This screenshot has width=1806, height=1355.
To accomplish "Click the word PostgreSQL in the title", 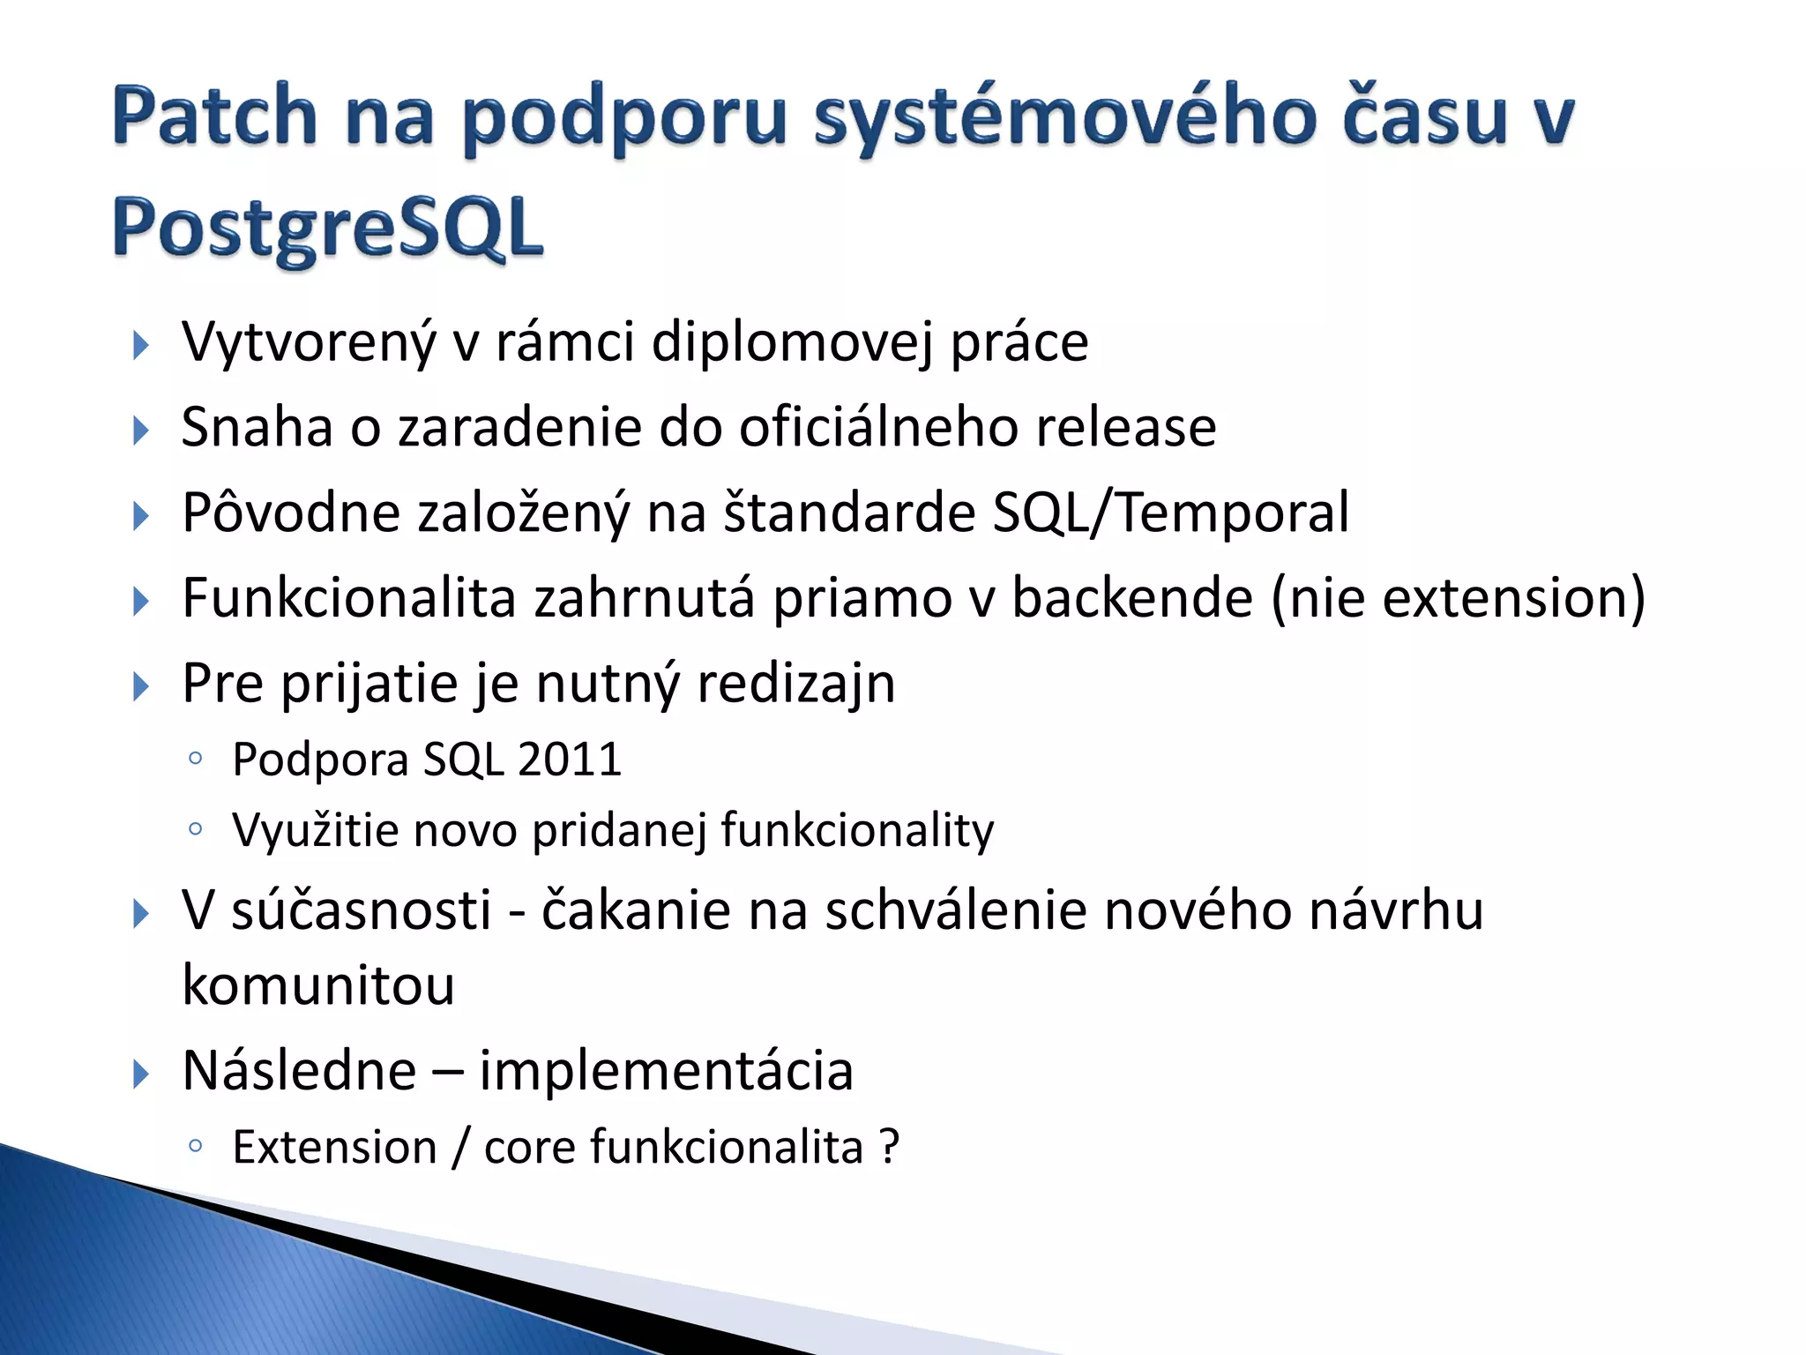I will pos(327,228).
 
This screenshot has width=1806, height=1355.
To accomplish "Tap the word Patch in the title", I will pos(214,116).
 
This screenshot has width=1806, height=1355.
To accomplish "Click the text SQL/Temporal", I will pos(1170,513).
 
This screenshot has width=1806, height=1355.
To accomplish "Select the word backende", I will pos(1131,597).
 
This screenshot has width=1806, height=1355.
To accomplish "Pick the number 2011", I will pos(570,759).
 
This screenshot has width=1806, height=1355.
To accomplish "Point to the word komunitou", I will pos(318,984).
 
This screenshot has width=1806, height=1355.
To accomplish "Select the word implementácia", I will pos(666,1070).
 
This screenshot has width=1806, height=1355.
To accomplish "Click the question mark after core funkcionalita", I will pos(889,1147).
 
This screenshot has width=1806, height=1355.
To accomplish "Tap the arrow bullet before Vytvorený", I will pos(140,345).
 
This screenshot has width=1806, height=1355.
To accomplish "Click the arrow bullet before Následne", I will pos(140,1074).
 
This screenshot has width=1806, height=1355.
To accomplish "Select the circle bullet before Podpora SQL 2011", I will pos(196,759).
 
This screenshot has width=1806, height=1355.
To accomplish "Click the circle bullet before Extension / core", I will pos(196,1146).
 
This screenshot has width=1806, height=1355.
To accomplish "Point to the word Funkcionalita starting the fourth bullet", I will pos(348,598).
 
